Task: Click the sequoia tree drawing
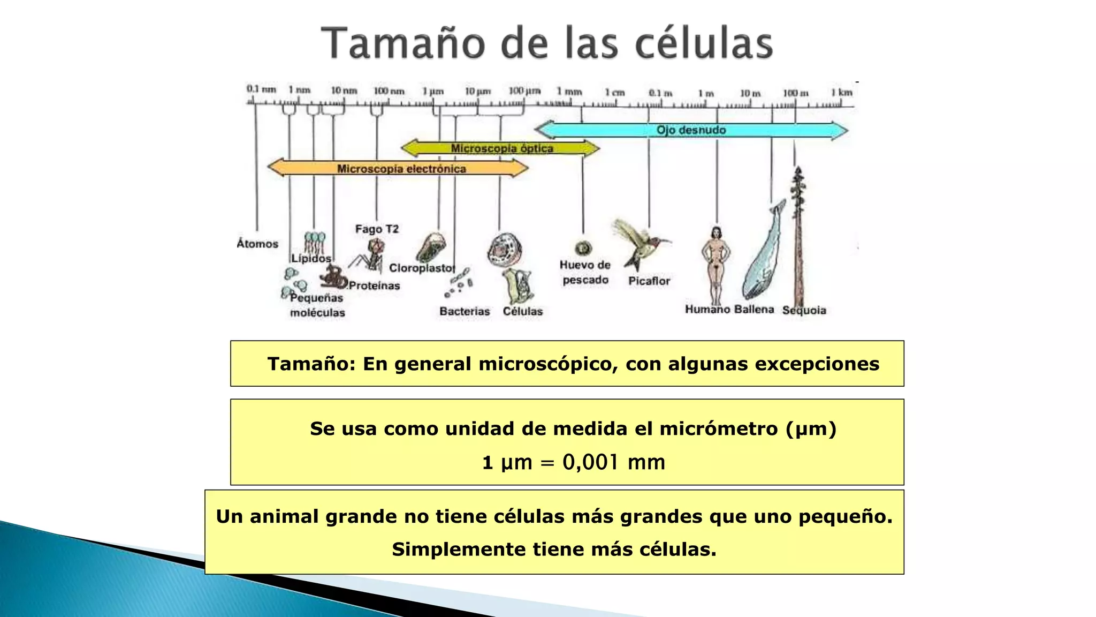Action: tap(798, 236)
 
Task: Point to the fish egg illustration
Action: tap(583, 249)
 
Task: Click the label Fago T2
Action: tap(377, 229)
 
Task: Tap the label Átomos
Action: tap(257, 244)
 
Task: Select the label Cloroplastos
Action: tap(422, 268)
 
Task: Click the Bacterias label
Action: tap(465, 311)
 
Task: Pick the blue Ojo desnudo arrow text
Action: tap(691, 130)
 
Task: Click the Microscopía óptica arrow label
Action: tap(501, 148)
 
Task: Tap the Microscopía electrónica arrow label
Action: tap(401, 169)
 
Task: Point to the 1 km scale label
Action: tap(841, 93)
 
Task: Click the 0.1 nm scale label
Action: tap(261, 89)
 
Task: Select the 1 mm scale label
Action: tap(569, 92)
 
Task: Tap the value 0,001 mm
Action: tap(613, 462)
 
